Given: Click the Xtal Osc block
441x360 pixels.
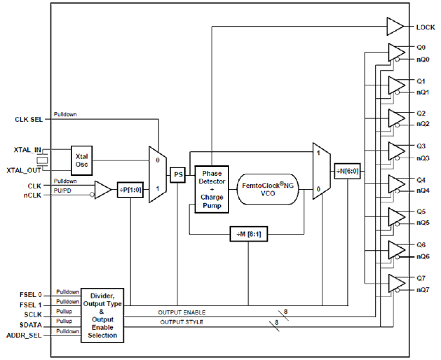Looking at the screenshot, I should (81, 161).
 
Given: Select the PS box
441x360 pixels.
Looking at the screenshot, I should (178, 175).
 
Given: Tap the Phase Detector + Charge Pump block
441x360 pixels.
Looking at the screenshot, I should (212, 189).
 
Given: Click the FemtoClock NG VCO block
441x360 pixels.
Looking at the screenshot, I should (268, 189).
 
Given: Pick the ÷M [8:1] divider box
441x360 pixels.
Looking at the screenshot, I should (249, 234).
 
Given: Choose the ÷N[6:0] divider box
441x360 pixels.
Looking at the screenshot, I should (347, 171).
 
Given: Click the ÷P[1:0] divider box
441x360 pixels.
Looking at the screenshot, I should (130, 190).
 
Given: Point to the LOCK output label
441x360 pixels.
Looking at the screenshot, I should (425, 27).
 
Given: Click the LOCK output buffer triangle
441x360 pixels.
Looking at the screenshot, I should (394, 27).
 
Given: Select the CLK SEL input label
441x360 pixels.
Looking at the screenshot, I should (29, 120).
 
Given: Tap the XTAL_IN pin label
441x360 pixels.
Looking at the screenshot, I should (27, 150).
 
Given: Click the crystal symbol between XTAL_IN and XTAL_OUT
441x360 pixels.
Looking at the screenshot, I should (42, 160).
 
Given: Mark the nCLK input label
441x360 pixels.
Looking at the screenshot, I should (32, 195).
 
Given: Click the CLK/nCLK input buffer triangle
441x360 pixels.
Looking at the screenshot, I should (102, 190).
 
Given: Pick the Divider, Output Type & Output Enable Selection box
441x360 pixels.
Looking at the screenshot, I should (102, 315).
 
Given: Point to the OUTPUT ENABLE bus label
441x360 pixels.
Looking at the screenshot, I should (182, 312).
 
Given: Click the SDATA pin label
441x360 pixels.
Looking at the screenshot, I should (31, 325).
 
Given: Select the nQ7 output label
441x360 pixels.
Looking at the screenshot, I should (423, 290).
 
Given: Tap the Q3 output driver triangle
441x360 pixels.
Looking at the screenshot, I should (396, 151).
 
